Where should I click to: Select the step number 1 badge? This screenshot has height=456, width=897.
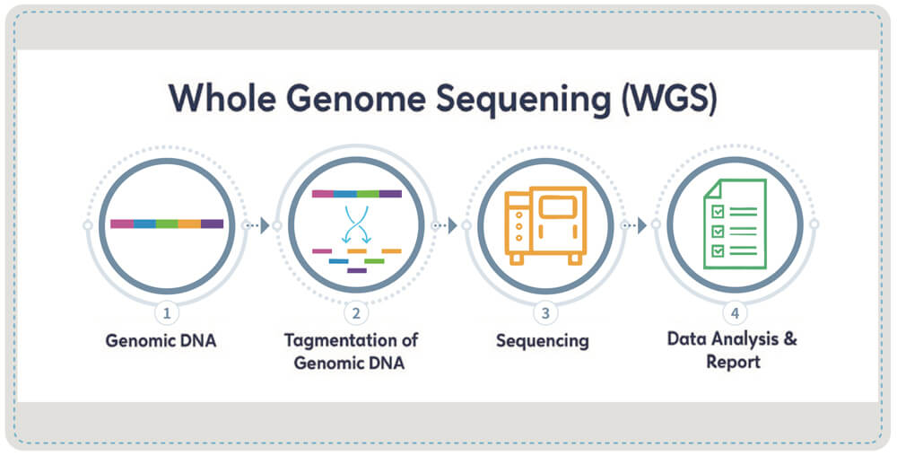tap(166, 313)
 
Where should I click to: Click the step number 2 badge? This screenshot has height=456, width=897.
tap(356, 313)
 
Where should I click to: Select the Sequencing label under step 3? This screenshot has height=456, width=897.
tap(543, 341)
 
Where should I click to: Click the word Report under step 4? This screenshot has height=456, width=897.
tap(733, 363)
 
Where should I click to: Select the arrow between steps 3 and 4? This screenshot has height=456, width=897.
tap(641, 225)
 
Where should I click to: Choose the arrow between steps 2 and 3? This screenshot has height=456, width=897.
tap(452, 225)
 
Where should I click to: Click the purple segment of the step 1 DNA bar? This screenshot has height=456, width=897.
tap(213, 224)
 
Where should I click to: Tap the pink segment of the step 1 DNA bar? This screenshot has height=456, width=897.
tap(121, 224)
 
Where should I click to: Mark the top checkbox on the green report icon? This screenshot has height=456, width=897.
tap(718, 211)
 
